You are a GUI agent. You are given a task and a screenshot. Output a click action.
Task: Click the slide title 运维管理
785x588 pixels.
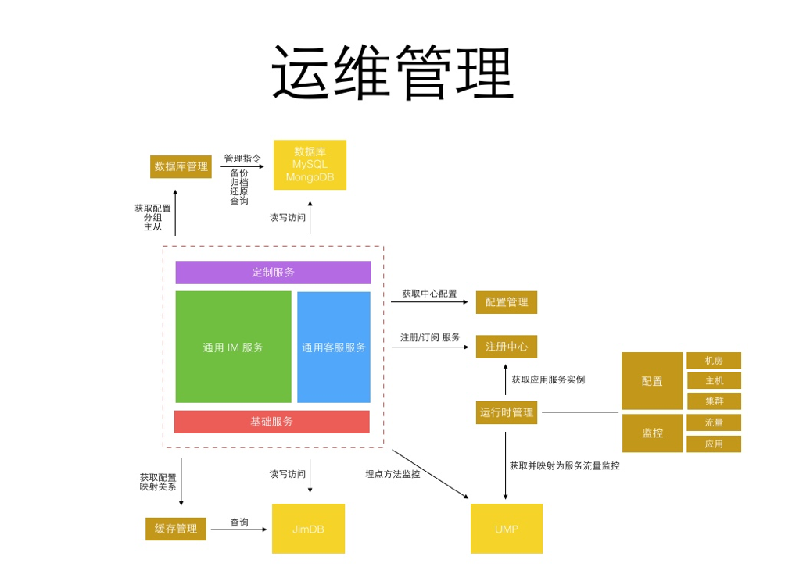click(x=392, y=72)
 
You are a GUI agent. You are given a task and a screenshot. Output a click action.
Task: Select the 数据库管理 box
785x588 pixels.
click(x=181, y=166)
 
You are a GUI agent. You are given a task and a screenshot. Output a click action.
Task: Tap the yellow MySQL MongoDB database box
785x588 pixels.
click(x=310, y=165)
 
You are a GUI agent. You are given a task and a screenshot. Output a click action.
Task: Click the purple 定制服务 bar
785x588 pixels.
click(x=273, y=273)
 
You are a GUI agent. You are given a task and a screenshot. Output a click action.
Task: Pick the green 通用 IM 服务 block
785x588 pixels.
click(x=233, y=347)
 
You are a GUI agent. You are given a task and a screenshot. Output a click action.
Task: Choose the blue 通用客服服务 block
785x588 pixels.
click(x=334, y=347)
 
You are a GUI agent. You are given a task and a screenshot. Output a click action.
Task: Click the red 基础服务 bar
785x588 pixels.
click(x=271, y=422)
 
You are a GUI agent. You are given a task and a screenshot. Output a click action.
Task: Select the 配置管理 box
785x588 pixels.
click(x=506, y=302)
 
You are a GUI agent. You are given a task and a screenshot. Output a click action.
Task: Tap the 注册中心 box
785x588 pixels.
click(x=506, y=347)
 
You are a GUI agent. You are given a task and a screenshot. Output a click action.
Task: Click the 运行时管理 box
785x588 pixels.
click(x=506, y=412)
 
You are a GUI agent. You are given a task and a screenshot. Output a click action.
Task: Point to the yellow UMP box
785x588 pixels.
click(x=506, y=529)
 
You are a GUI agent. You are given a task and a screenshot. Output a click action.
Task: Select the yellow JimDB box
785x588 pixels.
click(x=308, y=529)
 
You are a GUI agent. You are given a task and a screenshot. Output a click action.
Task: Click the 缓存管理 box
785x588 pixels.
click(x=176, y=529)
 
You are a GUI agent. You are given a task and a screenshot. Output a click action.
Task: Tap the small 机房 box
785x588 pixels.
click(x=713, y=361)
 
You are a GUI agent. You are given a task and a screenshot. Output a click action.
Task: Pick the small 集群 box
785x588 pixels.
click(x=713, y=401)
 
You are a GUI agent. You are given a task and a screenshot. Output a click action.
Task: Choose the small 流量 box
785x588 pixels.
click(x=713, y=422)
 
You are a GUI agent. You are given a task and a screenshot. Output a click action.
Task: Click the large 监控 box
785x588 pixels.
click(x=652, y=433)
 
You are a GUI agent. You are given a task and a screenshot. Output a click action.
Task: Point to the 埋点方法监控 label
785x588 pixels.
click(x=392, y=474)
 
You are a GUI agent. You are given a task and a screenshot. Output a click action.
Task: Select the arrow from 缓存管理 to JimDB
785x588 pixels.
click(x=238, y=529)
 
